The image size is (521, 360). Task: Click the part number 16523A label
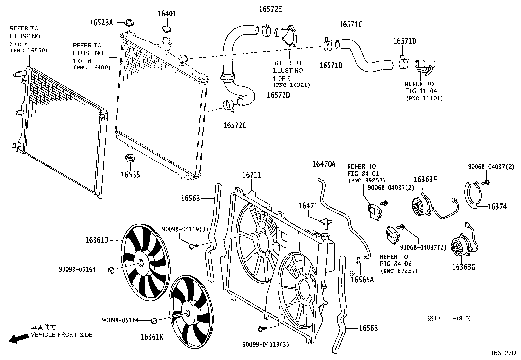(101, 22)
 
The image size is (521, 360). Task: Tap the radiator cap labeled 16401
(167, 29)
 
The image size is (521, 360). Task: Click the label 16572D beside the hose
(278, 95)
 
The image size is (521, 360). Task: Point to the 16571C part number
(350, 25)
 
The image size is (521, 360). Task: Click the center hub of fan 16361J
(142, 263)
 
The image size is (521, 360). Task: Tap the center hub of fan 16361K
(188, 313)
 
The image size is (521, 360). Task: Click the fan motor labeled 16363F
(420, 206)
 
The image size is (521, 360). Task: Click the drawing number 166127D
(503, 353)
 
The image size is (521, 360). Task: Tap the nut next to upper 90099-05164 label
(111, 270)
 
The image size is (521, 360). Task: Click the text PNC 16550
(29, 51)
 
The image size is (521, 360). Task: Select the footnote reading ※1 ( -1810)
(448, 318)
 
